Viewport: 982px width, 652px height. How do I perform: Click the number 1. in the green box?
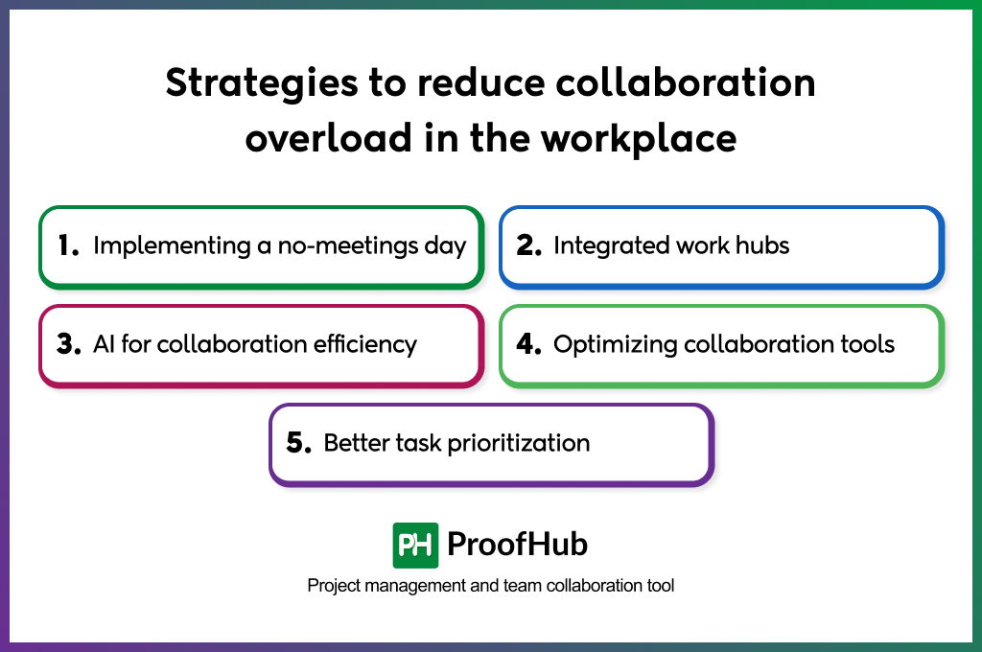[x=67, y=245]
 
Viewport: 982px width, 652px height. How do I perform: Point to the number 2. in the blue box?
[x=529, y=245]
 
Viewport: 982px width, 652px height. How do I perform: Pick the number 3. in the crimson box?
[x=68, y=344]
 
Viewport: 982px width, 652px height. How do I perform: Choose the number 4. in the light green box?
[x=529, y=344]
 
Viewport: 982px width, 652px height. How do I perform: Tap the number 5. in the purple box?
[x=299, y=443]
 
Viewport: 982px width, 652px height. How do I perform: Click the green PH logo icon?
[x=415, y=546]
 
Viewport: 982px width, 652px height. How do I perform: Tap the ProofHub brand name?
[x=517, y=545]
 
